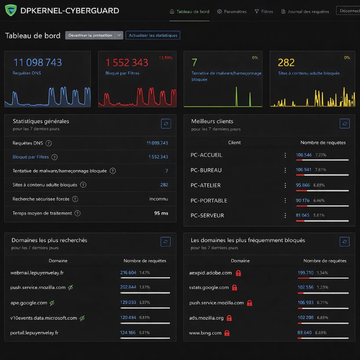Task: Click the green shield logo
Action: coord(11,11)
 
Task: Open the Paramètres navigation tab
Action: coord(232,11)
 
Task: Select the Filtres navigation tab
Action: coord(264,11)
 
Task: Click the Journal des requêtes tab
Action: coord(305,11)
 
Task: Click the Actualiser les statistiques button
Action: coord(153,35)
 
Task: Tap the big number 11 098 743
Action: coord(37,62)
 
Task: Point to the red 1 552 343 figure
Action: coord(127,62)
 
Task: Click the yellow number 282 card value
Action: coord(286,62)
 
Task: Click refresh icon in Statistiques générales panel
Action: coord(166,124)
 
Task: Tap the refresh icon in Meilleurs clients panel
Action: coord(345,124)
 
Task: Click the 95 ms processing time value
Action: coord(161,213)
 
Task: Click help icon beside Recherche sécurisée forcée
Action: coord(75,199)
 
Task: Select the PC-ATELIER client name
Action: coord(206,185)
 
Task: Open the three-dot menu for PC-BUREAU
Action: coord(285,171)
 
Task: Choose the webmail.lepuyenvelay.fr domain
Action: coord(37,273)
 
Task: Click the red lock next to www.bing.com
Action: coord(227,333)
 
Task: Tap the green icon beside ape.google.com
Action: coord(52,303)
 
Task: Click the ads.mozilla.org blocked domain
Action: coord(206,318)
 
